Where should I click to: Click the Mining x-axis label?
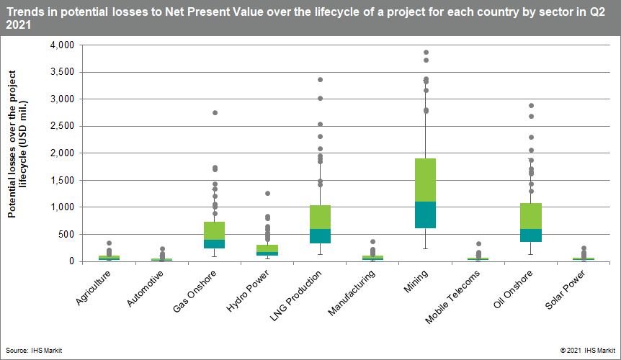(x=416, y=280)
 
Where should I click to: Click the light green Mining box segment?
(x=426, y=179)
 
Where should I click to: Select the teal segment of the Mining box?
(x=426, y=215)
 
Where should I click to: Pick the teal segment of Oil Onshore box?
(x=532, y=235)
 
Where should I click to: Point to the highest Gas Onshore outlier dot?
(x=214, y=113)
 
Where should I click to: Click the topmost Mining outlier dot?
(x=426, y=53)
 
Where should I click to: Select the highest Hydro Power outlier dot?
(x=267, y=194)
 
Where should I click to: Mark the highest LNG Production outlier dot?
(x=320, y=80)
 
